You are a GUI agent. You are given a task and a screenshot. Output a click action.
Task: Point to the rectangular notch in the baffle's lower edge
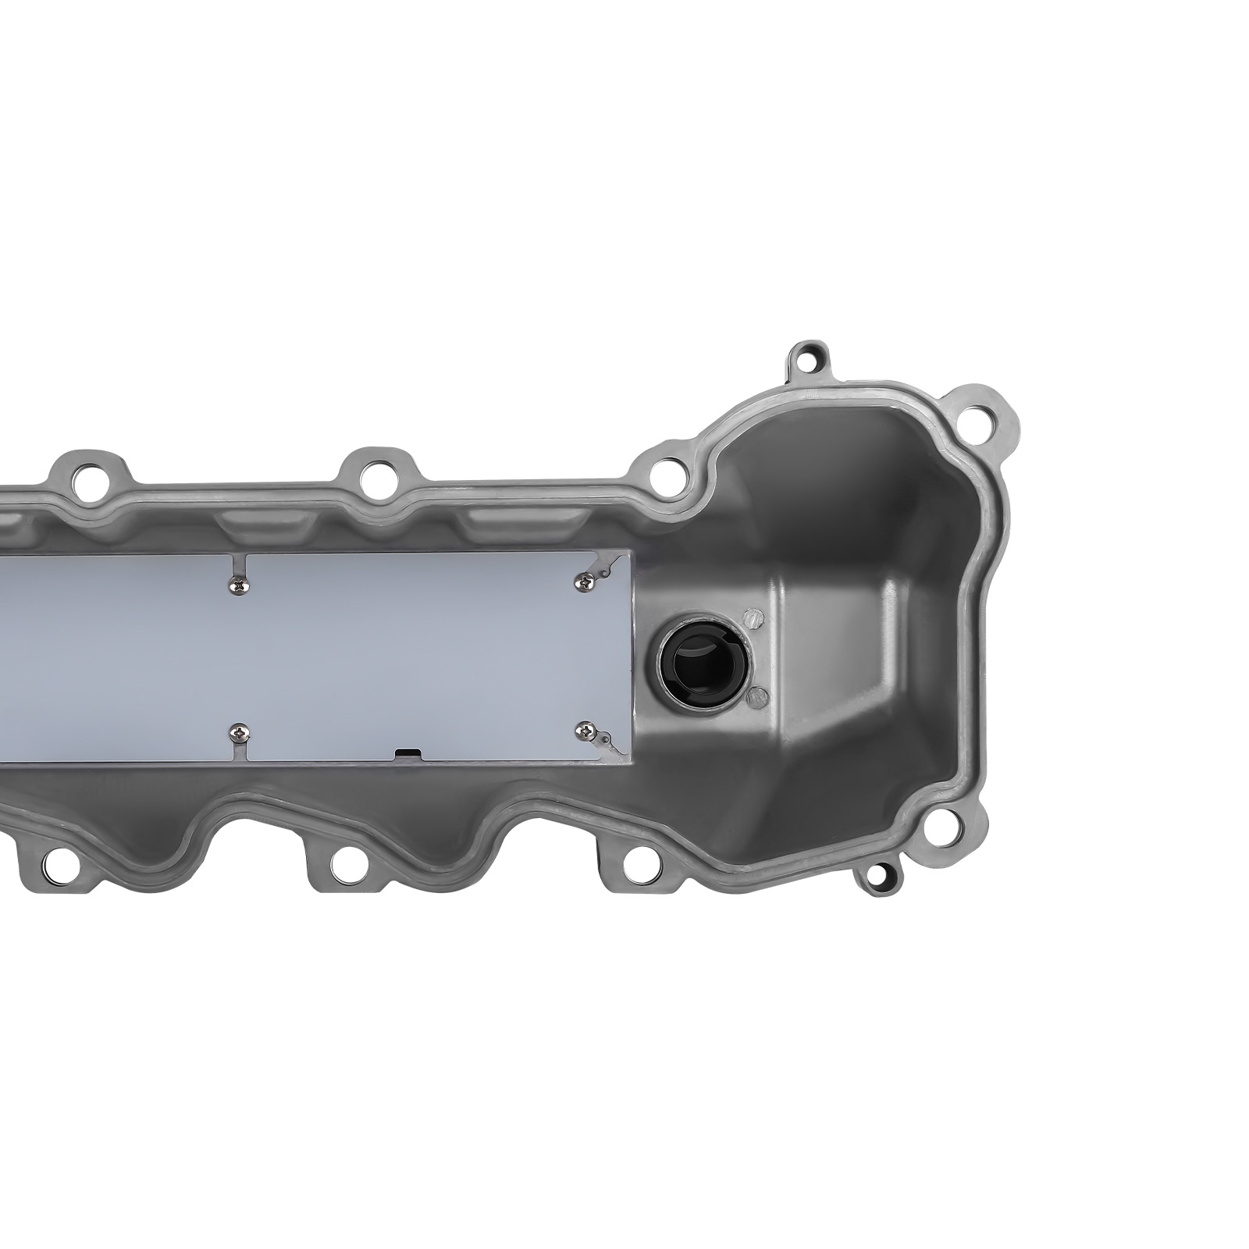click(x=407, y=753)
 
